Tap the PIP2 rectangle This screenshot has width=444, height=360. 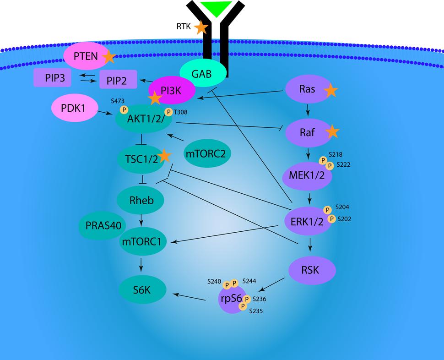(118, 81)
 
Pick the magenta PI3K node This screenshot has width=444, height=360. (171, 90)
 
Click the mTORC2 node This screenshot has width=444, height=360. (207, 153)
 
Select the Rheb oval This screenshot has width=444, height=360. (141, 200)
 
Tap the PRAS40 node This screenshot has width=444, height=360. (103, 225)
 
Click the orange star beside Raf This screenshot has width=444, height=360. (332, 132)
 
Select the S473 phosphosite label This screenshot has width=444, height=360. (118, 100)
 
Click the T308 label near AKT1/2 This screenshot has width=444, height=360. (180, 111)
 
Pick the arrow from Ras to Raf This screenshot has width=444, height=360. (309, 110)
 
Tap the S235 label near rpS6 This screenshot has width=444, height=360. (256, 311)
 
